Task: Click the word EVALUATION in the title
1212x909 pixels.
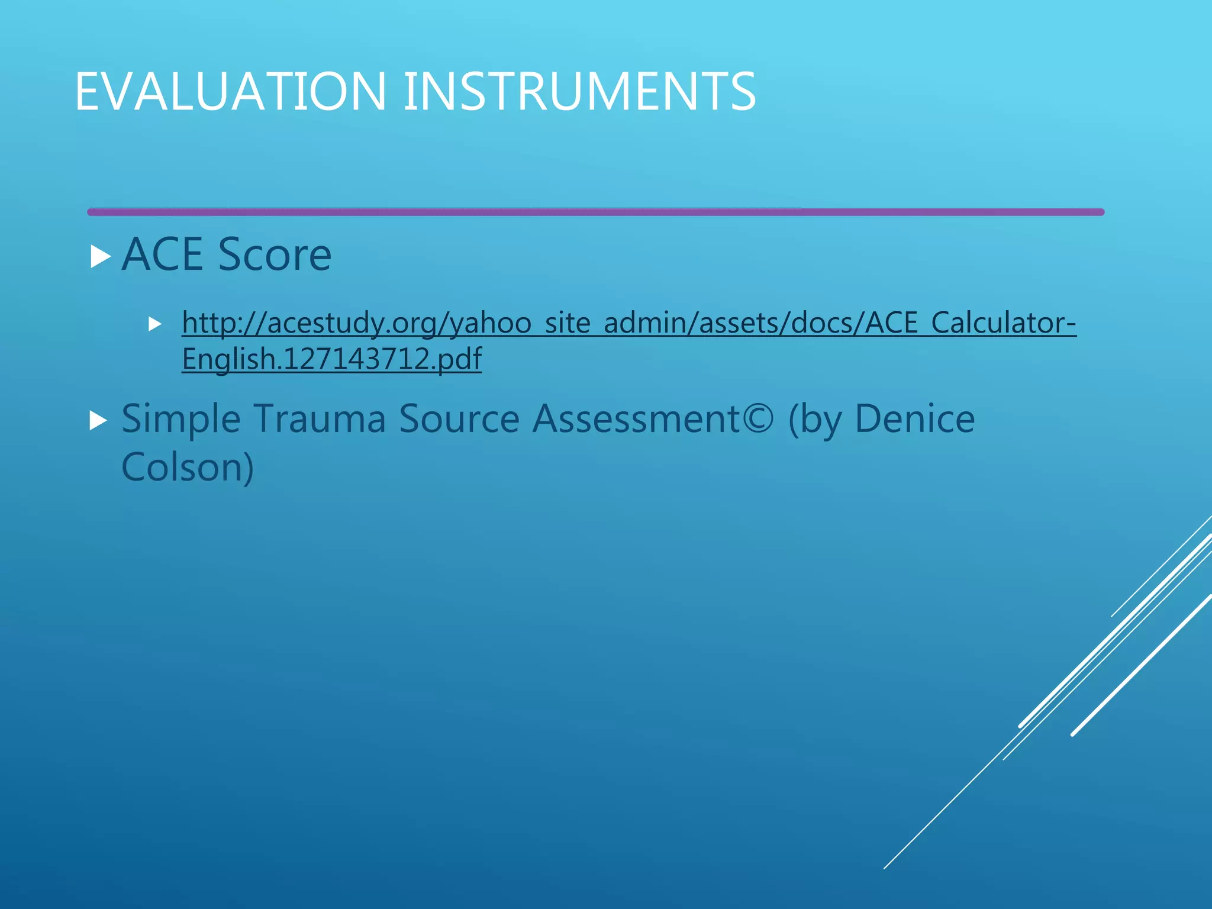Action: pyautogui.click(x=231, y=92)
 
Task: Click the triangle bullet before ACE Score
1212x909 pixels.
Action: pyautogui.click(x=101, y=257)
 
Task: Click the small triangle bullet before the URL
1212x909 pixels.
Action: pyautogui.click(x=155, y=324)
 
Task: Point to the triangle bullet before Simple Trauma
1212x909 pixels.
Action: pyautogui.click(x=98, y=421)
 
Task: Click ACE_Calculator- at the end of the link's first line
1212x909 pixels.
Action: pyautogui.click(x=971, y=323)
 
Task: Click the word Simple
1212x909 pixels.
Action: pyautogui.click(x=180, y=420)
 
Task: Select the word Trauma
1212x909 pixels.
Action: pyautogui.click(x=320, y=420)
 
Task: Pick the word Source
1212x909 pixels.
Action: pyautogui.click(x=459, y=420)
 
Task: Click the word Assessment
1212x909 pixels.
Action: pyautogui.click(x=636, y=420)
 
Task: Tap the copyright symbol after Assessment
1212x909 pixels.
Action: pyautogui.click(x=758, y=420)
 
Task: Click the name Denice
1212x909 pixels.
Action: pyautogui.click(x=914, y=420)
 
